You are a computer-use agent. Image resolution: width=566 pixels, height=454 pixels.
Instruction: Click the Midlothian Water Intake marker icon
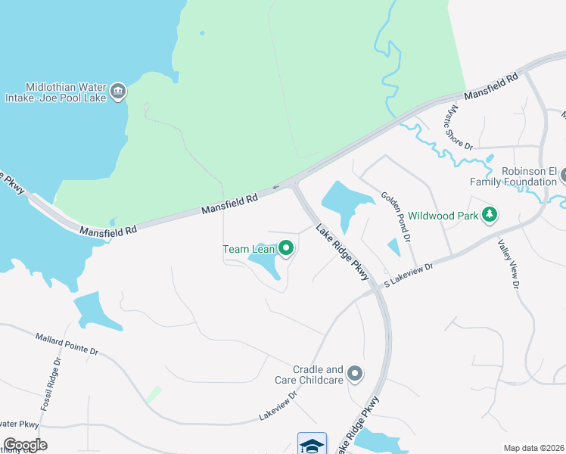(x=117, y=92)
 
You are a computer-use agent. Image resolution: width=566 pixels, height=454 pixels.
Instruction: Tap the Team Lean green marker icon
(x=286, y=247)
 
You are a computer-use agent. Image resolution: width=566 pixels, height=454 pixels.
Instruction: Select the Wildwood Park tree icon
(x=490, y=215)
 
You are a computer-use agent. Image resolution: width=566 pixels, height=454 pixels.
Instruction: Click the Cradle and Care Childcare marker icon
(x=354, y=373)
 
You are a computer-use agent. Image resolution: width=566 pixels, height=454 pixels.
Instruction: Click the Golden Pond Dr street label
(x=395, y=216)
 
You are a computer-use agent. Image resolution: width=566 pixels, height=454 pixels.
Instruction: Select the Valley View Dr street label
(x=507, y=264)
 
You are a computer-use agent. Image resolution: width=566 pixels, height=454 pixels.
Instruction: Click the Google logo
(x=24, y=445)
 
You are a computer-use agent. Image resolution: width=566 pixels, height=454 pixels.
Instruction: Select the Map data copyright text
(x=534, y=447)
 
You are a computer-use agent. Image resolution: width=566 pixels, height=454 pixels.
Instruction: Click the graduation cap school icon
(x=312, y=444)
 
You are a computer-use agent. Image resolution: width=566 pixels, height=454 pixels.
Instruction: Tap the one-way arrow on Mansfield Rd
(x=276, y=187)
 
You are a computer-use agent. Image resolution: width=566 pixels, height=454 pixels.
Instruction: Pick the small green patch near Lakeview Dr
(x=154, y=394)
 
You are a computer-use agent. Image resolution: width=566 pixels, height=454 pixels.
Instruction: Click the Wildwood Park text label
(x=445, y=216)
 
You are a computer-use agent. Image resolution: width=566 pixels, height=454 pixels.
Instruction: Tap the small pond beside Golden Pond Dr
(x=393, y=247)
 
